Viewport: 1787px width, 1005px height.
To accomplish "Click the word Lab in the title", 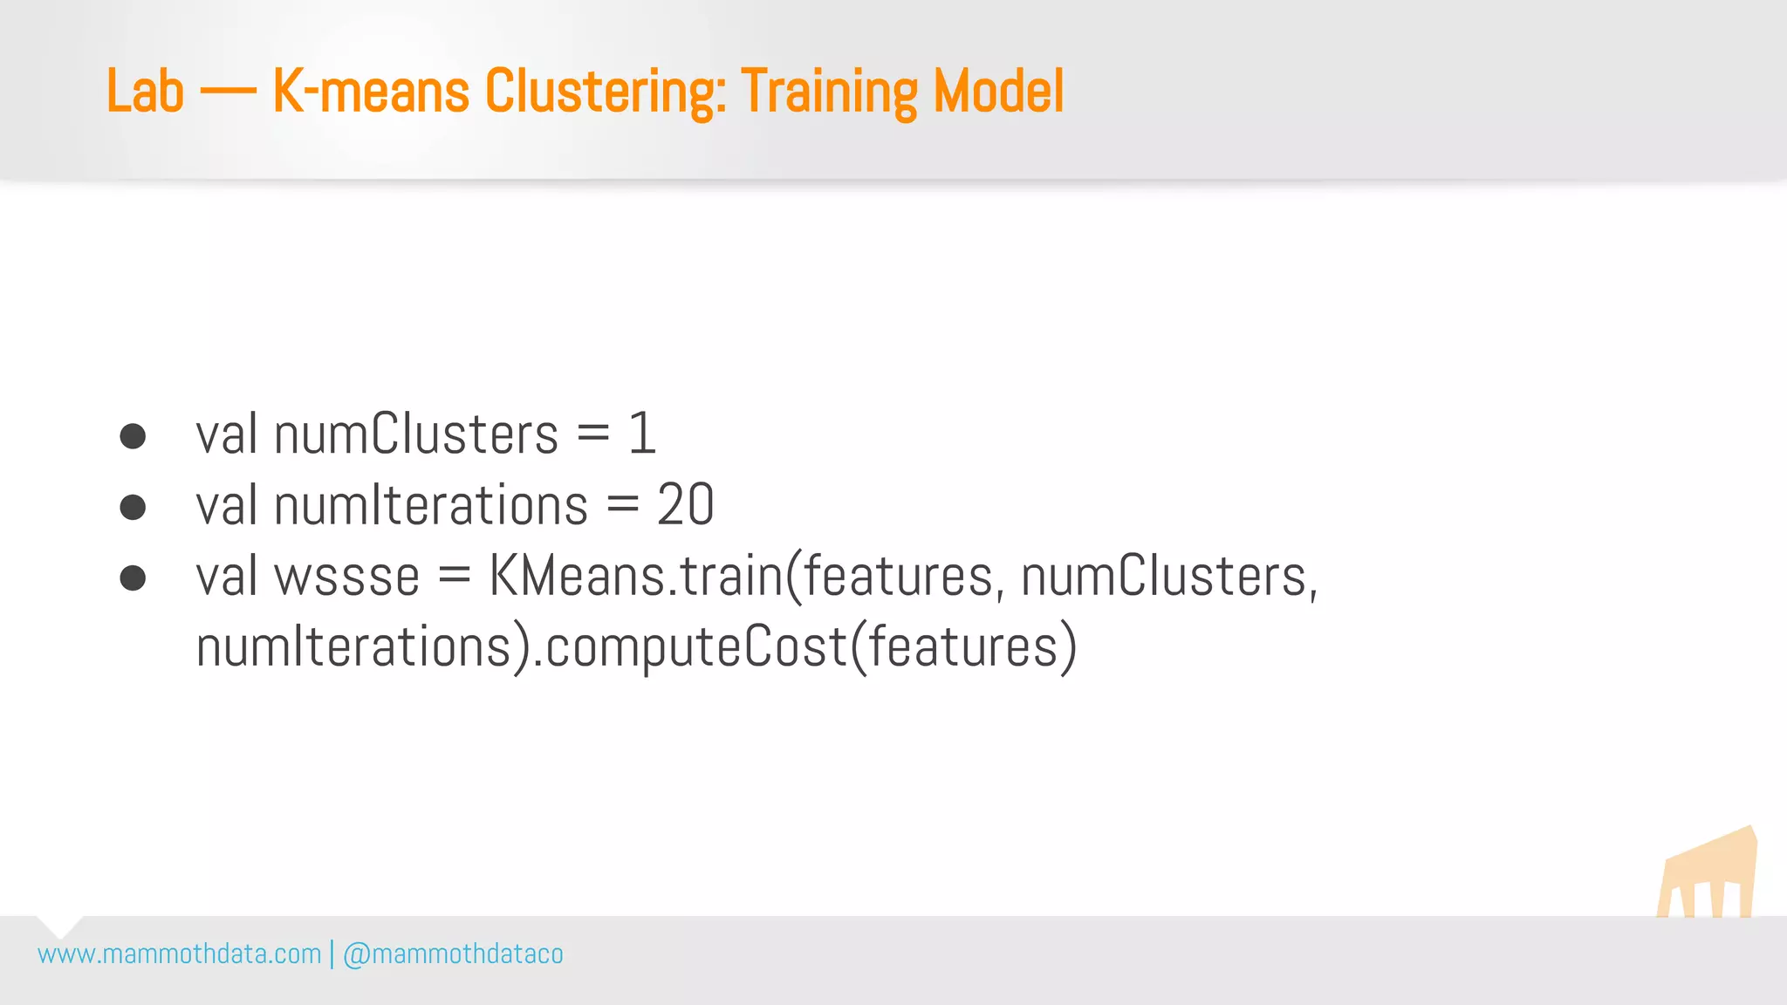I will (x=145, y=92).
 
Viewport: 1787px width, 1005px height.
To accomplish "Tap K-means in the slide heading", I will (x=371, y=92).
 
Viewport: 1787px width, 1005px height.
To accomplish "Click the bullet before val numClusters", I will (x=133, y=436).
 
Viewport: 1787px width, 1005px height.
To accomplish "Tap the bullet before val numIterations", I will (x=133, y=507).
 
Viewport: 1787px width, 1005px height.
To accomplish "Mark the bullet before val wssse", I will (x=133, y=578).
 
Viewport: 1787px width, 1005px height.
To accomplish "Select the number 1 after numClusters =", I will (x=641, y=434).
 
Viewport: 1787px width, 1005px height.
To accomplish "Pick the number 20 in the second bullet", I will (x=686, y=505).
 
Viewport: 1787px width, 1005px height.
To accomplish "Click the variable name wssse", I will (x=347, y=578).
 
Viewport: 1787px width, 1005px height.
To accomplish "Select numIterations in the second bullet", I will (x=431, y=505).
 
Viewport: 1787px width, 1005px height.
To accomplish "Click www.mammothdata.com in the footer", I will (x=180, y=954).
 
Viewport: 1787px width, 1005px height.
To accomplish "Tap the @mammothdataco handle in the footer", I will (x=453, y=954).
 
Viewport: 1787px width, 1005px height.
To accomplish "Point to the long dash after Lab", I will (x=228, y=92).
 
